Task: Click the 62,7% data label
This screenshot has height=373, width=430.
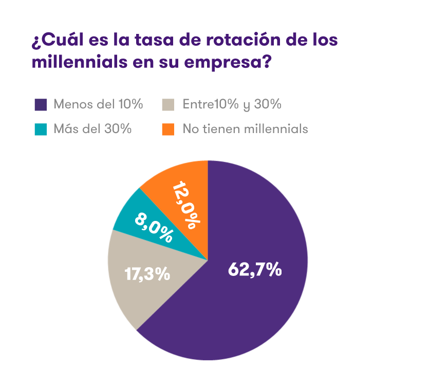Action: (255, 269)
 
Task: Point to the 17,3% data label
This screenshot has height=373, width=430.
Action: (147, 273)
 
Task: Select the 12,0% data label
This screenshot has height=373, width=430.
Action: (185, 204)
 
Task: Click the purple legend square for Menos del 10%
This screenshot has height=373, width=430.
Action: (41, 105)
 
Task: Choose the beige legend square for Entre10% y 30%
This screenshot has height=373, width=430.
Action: (167, 105)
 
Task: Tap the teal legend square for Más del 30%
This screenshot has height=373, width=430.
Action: (41, 129)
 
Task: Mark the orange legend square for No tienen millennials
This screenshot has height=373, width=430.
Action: (167, 129)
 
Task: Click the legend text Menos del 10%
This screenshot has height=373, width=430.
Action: (98, 105)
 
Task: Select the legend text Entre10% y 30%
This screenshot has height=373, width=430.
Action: (232, 105)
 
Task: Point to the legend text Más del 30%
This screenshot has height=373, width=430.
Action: (92, 129)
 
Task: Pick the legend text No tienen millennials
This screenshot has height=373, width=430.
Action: (245, 129)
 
